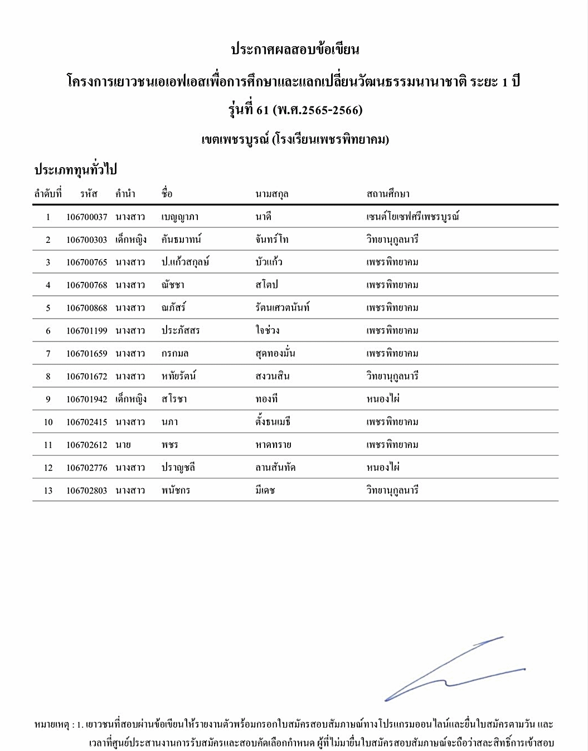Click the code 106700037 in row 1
click(x=86, y=217)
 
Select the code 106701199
click(x=86, y=331)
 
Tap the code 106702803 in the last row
click(x=86, y=491)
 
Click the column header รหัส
click(x=88, y=194)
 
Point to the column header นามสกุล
click(x=271, y=194)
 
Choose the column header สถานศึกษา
click(x=387, y=194)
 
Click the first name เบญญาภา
click(x=179, y=217)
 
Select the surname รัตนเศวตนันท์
click(x=282, y=308)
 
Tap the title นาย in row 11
click(x=123, y=445)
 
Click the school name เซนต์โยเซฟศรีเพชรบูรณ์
click(x=412, y=217)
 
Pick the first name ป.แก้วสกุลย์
click(x=185, y=262)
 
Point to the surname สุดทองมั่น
click(x=275, y=353)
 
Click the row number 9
click(x=48, y=399)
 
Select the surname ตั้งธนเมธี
click(x=273, y=422)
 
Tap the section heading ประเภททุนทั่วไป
click(x=75, y=169)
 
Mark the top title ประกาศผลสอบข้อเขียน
click(x=295, y=50)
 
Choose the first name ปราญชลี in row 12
click(x=178, y=468)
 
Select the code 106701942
click(x=86, y=399)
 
